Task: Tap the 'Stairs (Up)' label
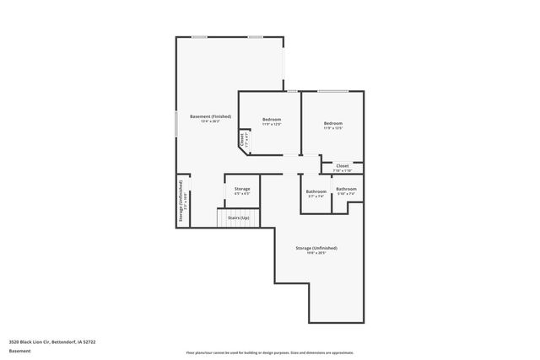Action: point(239,218)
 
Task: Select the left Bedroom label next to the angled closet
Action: point(271,120)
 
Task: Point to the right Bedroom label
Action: point(332,124)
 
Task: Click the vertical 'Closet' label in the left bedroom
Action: point(242,139)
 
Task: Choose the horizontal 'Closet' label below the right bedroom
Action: point(343,166)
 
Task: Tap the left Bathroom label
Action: point(316,191)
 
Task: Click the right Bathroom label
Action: point(346,189)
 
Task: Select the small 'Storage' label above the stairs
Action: point(242,189)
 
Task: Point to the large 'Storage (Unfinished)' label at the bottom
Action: point(316,248)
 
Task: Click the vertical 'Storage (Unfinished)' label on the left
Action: point(180,202)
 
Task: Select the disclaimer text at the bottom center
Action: point(270,352)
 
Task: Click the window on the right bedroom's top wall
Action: point(334,91)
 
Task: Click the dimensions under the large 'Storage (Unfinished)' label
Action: point(316,253)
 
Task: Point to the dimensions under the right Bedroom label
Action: point(332,129)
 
